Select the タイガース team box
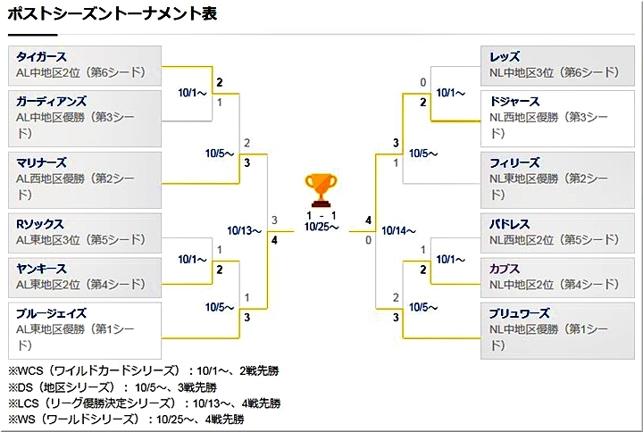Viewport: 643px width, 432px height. point(85,64)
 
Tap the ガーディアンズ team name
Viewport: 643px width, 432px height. point(52,102)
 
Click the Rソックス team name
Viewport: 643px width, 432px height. point(40,224)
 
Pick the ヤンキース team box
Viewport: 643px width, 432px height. point(85,277)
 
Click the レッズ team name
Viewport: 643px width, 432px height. point(505,57)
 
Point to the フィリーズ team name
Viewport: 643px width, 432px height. point(514,162)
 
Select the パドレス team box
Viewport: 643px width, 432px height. point(557,231)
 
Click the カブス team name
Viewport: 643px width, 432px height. point(505,269)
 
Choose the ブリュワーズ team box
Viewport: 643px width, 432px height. point(557,329)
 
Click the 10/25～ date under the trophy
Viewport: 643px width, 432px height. point(321,228)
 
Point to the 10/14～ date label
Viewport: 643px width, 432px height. point(398,230)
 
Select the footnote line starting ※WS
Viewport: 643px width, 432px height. point(125,419)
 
